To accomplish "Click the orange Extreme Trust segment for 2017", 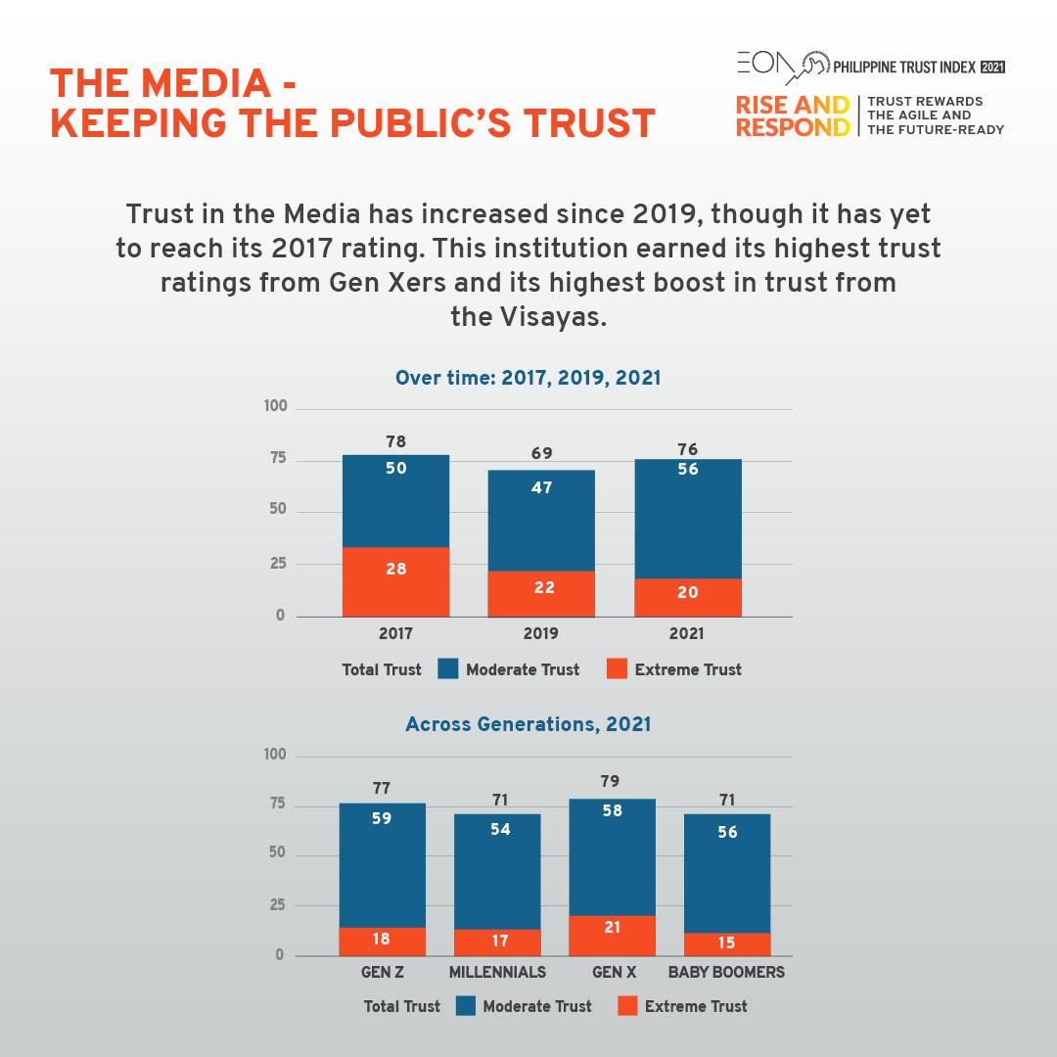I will tap(395, 582).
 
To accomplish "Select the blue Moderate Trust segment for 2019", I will tap(541, 521).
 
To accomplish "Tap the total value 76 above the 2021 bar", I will tap(687, 450).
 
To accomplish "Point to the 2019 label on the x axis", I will tap(541, 634).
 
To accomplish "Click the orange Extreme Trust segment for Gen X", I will tap(613, 936).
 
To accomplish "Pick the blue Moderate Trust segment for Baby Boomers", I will tap(727, 873).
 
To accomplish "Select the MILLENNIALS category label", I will tap(497, 973).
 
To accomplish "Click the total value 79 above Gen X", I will tap(613, 782).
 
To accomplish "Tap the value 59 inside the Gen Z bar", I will tap(382, 818).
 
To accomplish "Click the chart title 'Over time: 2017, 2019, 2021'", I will tap(528, 378).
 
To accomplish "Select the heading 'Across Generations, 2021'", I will tap(528, 725).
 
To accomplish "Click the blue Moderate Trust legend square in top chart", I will tap(448, 669).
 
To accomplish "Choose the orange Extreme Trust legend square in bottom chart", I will tap(627, 1005).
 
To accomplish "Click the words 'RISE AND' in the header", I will tap(792, 105).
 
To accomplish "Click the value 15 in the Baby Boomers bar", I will tap(727, 943).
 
